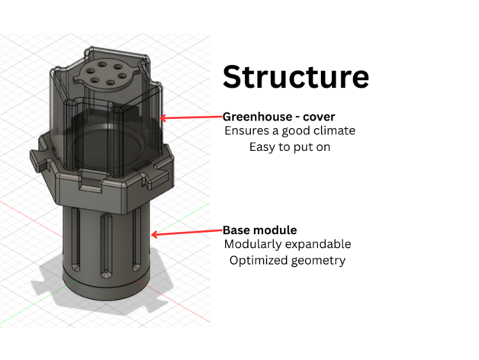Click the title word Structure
pyautogui.click(x=295, y=77)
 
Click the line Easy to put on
pyautogui.click(x=289, y=146)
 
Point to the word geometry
pyautogui.click(x=319, y=261)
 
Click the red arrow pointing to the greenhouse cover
pyautogui.click(x=191, y=117)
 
